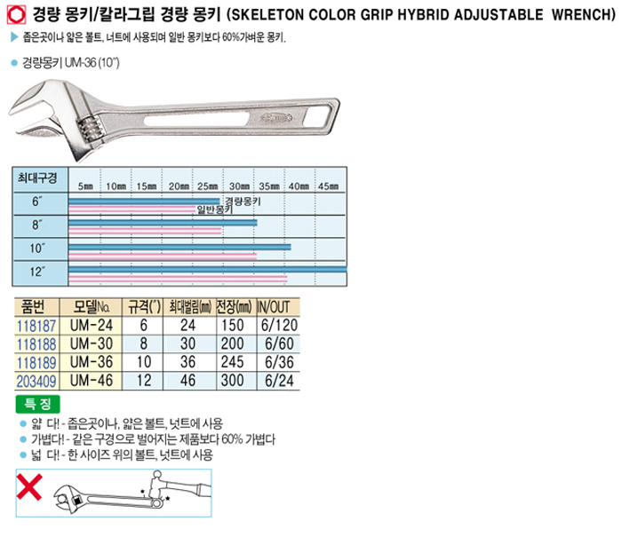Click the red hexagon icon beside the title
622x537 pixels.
point(16,15)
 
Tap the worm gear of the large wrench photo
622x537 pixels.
point(89,130)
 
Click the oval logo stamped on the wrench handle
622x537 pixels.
point(276,117)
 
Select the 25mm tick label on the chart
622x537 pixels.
point(207,186)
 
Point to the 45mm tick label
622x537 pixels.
point(329,186)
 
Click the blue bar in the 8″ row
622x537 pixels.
point(163,223)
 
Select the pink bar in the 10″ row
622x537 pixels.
point(163,257)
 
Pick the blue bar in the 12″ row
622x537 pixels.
point(207,270)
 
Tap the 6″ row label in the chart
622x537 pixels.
point(37,201)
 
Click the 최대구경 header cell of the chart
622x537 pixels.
point(37,178)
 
